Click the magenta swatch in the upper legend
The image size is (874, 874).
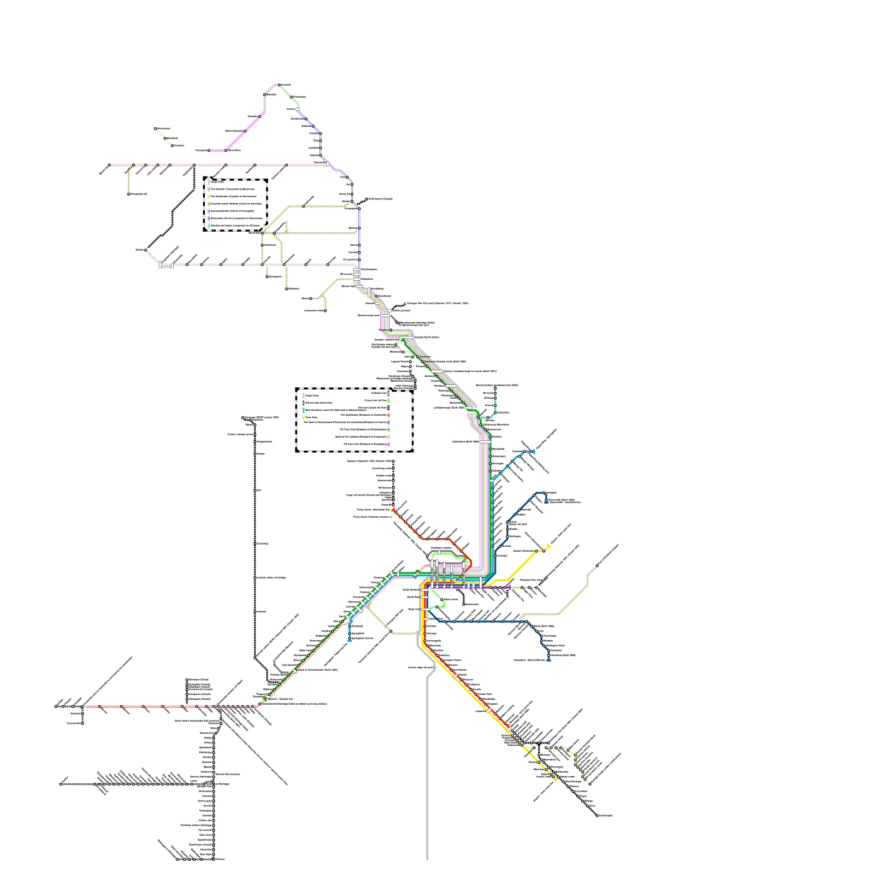coord(209,211)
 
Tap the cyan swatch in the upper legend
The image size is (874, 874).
coord(209,225)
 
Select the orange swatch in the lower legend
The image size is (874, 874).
coord(388,436)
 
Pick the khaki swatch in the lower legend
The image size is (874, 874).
coord(304,395)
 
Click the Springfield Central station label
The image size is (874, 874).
coord(362,638)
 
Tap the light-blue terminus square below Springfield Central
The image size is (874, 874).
coord(350,641)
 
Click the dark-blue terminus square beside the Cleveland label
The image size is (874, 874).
coord(548,660)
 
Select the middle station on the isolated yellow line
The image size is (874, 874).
coord(165,138)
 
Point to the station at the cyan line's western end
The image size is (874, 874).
coord(145,250)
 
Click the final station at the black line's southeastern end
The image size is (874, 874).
coord(597,816)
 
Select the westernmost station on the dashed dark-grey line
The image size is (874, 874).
coord(61,784)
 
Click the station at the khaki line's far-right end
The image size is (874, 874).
coord(597,565)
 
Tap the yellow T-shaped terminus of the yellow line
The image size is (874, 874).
coord(548,547)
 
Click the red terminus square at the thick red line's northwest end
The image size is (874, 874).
coord(393,510)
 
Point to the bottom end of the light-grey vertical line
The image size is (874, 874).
coord(427,859)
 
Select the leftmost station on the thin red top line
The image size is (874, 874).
coord(109,164)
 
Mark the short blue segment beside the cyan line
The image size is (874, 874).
coord(166,268)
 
